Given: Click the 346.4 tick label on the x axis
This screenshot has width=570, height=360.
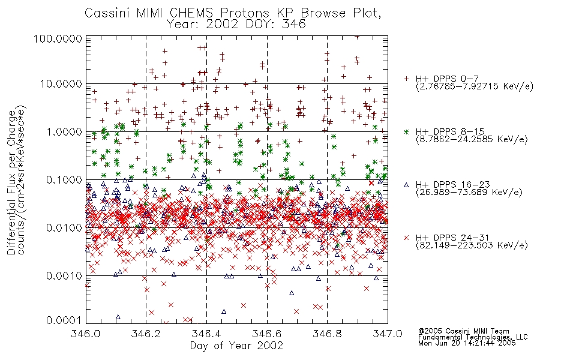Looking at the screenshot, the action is point(206,334).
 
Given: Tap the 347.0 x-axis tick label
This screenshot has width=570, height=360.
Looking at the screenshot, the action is point(388,334).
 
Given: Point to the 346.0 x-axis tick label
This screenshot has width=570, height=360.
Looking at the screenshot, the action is point(86,334).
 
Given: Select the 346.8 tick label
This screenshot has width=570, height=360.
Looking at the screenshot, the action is point(327,334).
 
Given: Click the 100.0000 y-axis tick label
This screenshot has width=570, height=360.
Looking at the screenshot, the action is point(58,38).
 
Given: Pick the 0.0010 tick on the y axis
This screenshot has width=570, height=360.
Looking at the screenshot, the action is point(64,276).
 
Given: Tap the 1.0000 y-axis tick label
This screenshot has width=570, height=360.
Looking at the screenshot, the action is point(64,132).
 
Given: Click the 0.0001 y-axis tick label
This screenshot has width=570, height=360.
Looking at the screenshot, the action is point(64,320).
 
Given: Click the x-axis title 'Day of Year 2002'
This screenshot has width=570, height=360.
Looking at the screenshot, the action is point(236,346).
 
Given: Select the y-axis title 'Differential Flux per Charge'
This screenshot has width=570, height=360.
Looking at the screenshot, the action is point(12,182).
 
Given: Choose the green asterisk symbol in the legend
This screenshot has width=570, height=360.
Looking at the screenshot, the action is point(406,131).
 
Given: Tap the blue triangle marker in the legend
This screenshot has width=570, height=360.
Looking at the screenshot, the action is point(406,185).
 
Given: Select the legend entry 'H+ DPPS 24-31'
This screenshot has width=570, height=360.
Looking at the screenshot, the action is point(452,238).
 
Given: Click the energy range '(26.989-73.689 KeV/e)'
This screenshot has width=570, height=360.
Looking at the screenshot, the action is point(469,192).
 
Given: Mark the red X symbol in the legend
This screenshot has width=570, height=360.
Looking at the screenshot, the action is point(406,238).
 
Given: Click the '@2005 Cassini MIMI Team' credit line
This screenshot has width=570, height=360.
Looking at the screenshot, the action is point(463,331).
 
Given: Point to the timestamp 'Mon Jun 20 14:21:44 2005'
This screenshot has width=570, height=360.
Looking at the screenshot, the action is point(467,343).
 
